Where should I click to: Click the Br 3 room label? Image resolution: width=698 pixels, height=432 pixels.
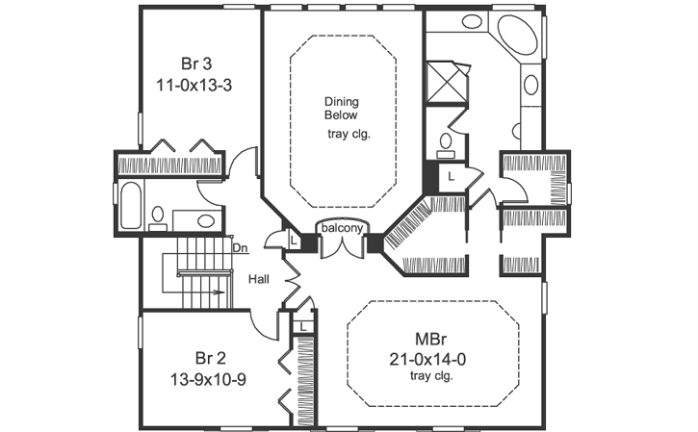tap(196, 64)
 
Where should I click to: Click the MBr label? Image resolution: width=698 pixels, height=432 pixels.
tap(429, 340)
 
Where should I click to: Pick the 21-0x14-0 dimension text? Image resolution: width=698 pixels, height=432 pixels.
tap(430, 359)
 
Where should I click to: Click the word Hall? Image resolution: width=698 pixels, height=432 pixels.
tap(258, 279)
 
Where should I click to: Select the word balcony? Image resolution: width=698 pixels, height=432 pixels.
tap(342, 228)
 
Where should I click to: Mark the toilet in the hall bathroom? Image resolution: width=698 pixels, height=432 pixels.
tap(158, 219)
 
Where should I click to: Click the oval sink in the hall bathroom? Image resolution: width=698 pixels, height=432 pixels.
tap(205, 220)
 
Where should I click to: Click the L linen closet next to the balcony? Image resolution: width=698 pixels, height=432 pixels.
tap(293, 240)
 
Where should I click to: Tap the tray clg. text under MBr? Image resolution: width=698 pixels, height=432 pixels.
tap(430, 376)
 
